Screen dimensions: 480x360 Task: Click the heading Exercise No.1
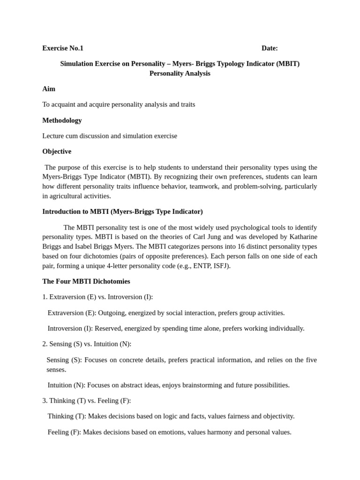[63, 48]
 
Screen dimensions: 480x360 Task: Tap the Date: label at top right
[270, 48]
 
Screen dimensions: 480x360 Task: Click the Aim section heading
[49, 89]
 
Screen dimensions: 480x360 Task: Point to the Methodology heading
[62, 120]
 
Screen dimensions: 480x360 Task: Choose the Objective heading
[57, 151]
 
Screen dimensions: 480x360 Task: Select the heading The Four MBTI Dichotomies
[86, 282]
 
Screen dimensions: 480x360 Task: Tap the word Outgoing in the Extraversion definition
[113, 313]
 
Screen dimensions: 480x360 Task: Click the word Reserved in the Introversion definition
[109, 329]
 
